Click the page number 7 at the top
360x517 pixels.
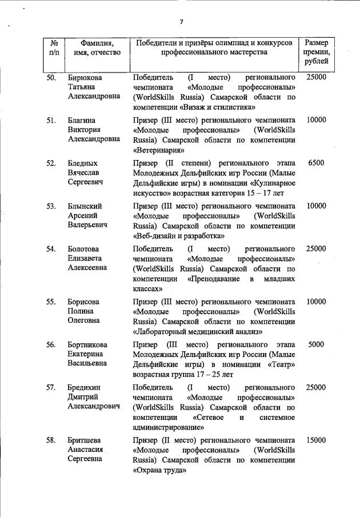click(x=181, y=22)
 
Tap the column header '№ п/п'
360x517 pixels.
click(x=53, y=48)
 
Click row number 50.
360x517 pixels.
click(x=51, y=77)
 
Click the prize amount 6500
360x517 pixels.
click(x=316, y=163)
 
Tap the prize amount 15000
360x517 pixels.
click(x=316, y=440)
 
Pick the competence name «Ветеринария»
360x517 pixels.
click(x=158, y=151)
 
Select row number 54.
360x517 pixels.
click(x=51, y=249)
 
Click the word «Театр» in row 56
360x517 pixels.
click(x=280, y=365)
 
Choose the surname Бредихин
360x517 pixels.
click(x=86, y=387)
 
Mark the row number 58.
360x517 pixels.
click(x=51, y=440)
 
